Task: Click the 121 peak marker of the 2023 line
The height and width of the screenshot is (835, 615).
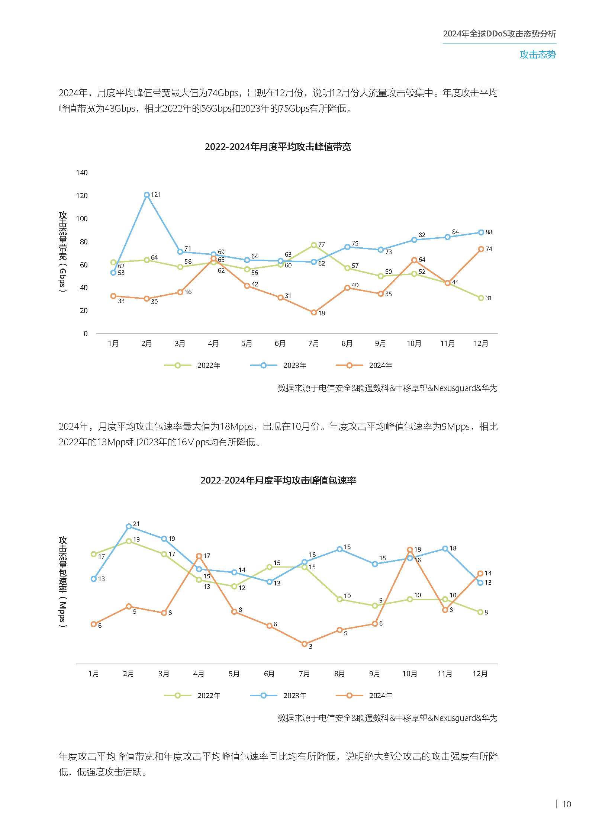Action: (x=146, y=195)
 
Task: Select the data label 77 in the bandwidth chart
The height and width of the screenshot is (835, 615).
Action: (x=322, y=244)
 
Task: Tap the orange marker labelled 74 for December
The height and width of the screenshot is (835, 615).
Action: (x=481, y=249)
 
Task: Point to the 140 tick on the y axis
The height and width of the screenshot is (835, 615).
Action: (x=82, y=173)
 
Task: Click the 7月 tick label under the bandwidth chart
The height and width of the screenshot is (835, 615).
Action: (x=313, y=343)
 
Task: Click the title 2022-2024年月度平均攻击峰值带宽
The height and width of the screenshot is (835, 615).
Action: (x=278, y=147)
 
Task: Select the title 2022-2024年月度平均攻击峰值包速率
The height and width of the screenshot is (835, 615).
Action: (x=278, y=481)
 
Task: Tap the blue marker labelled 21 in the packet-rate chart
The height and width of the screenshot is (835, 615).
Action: (x=129, y=526)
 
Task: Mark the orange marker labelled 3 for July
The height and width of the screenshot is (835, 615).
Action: (x=305, y=644)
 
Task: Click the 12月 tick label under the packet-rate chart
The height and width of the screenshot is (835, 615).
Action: (x=480, y=674)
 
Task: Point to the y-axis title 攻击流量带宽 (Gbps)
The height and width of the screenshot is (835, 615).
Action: (x=62, y=251)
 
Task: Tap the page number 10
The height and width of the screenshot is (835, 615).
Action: (x=566, y=804)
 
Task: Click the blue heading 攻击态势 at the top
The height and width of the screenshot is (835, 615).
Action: (x=538, y=55)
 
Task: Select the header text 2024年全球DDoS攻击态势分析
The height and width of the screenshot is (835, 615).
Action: (x=499, y=34)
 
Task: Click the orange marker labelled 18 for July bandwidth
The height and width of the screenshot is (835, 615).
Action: (x=314, y=312)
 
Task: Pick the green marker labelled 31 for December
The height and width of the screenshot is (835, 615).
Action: (x=481, y=298)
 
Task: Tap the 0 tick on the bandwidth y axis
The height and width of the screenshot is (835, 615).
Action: (x=86, y=334)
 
